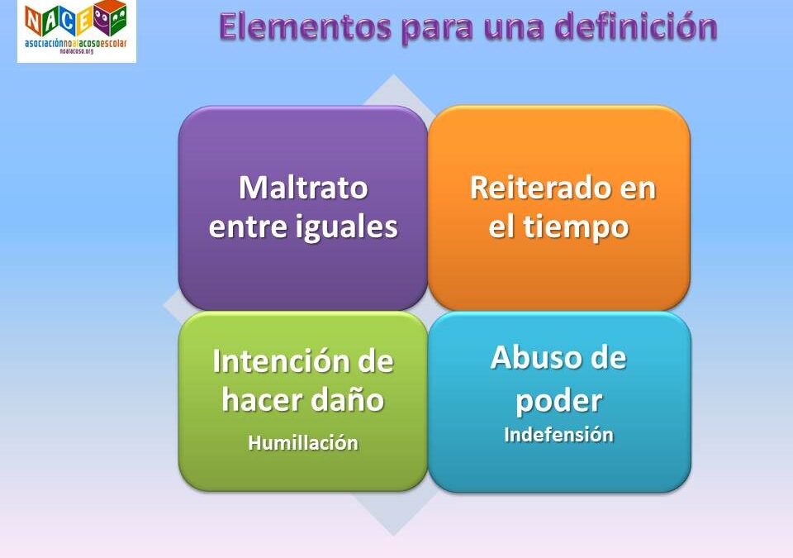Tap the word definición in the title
pyautogui.click(x=635, y=27)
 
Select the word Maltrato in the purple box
pyautogui.click(x=303, y=188)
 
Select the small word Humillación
pyautogui.click(x=303, y=443)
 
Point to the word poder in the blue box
pyautogui.click(x=558, y=401)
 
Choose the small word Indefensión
pyautogui.click(x=558, y=435)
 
